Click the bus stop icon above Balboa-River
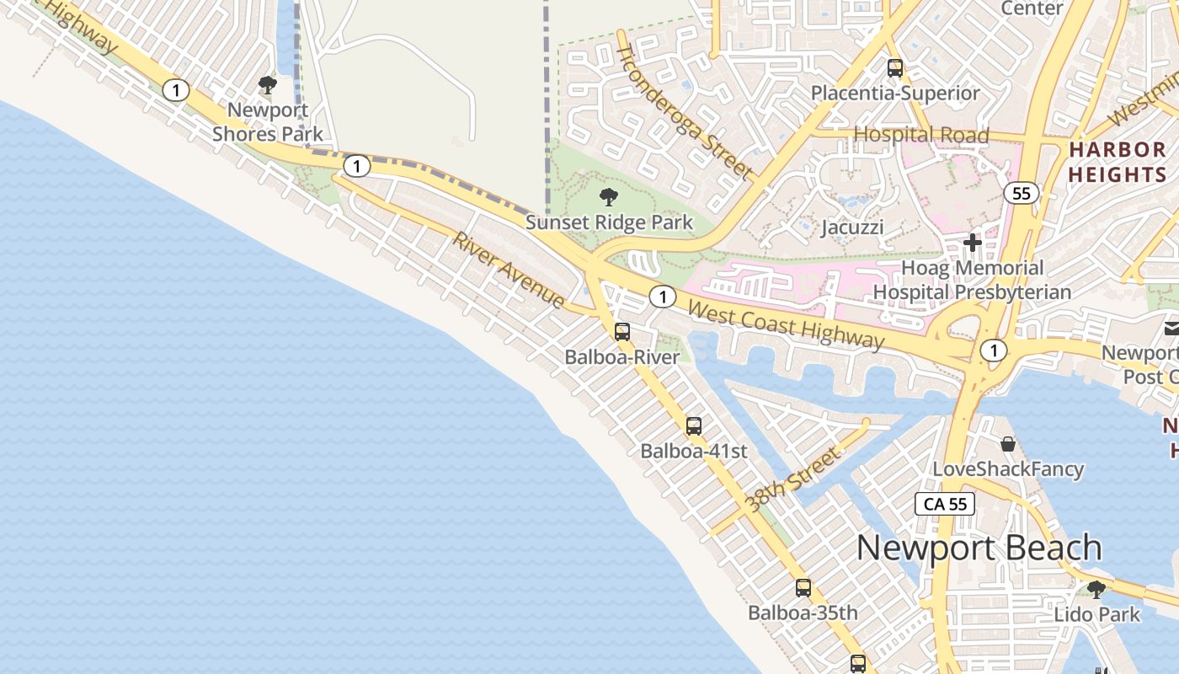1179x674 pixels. (622, 331)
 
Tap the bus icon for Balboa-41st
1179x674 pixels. (693, 425)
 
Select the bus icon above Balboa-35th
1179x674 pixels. (803, 587)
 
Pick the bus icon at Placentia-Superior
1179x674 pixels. (895, 68)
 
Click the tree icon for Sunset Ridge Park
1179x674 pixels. (608, 198)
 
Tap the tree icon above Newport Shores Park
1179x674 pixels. (268, 85)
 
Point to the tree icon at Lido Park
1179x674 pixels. (1096, 589)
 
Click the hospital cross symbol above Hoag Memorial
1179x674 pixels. (973, 243)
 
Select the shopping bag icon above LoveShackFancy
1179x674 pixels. (1008, 444)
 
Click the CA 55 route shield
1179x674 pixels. (945, 504)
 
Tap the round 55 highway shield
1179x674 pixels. (1022, 194)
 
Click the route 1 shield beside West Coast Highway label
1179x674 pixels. (664, 297)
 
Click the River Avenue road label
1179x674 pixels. (509, 270)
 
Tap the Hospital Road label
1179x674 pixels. (920, 134)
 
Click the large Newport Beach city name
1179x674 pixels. (979, 548)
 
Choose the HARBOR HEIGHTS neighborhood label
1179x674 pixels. (1117, 162)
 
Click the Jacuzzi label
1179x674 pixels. (852, 227)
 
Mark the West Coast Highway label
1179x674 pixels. (786, 324)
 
